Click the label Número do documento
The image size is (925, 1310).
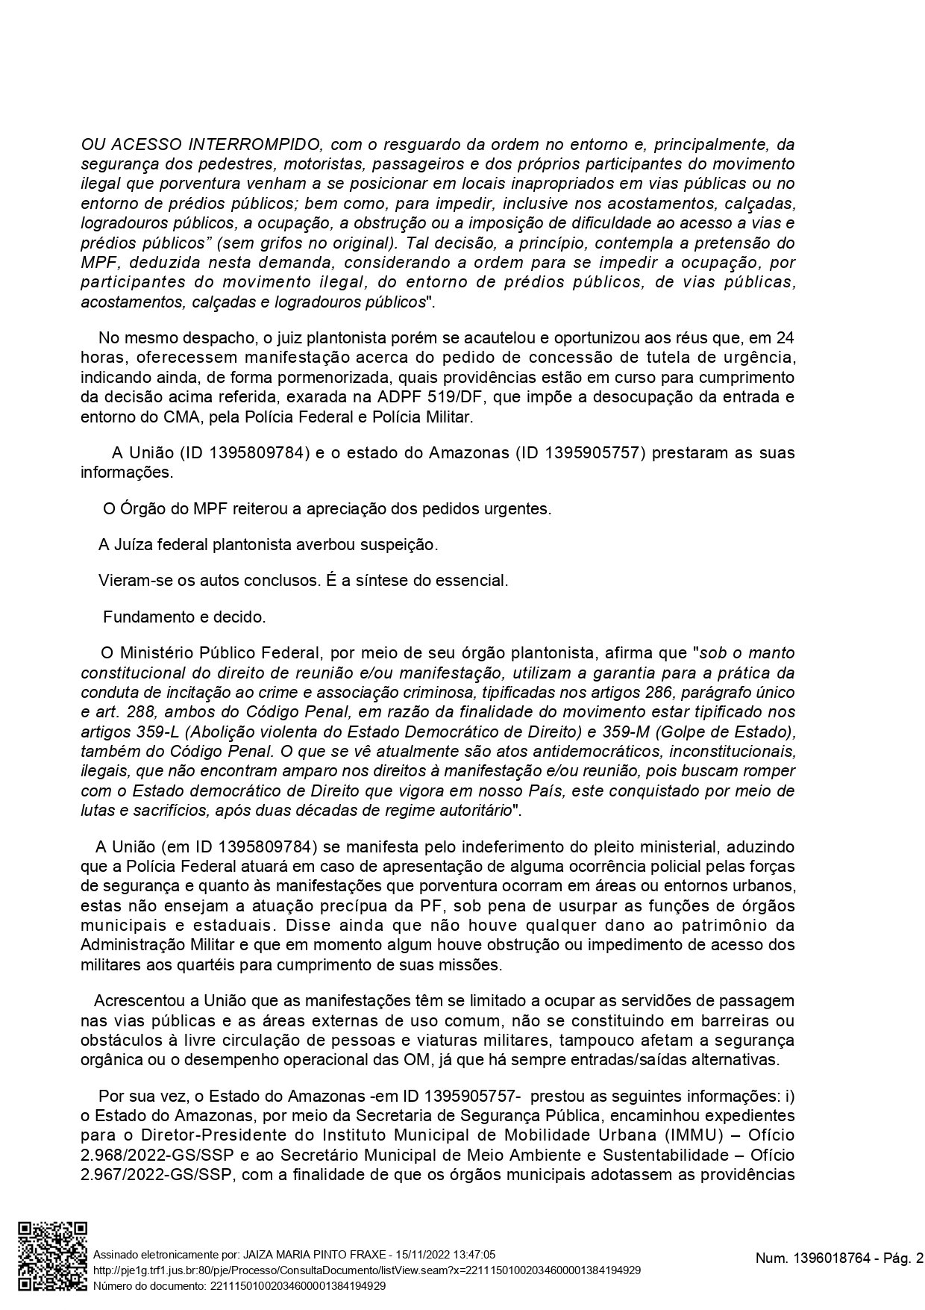pos(148,1285)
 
